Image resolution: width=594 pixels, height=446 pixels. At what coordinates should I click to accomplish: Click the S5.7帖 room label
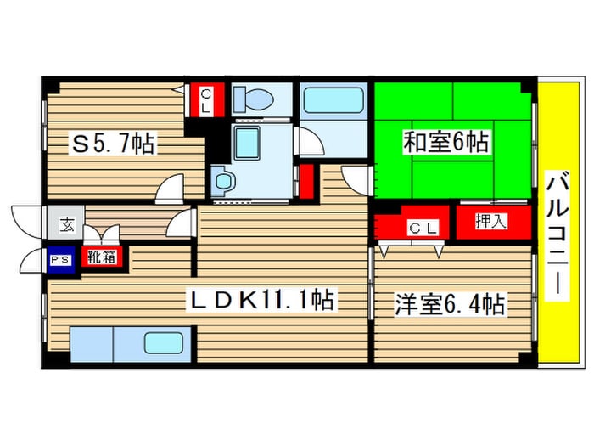click(x=113, y=144)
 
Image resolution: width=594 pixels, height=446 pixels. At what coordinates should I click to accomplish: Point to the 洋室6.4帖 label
click(x=450, y=304)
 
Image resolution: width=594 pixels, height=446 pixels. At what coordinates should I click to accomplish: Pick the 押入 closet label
click(x=490, y=222)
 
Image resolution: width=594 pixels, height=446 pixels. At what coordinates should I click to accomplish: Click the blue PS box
click(x=59, y=259)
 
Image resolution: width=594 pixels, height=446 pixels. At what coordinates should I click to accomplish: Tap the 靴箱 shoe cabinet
click(x=101, y=257)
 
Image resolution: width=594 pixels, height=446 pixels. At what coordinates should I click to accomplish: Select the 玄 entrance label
click(x=66, y=225)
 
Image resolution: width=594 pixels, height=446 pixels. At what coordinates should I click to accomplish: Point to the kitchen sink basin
click(x=163, y=343)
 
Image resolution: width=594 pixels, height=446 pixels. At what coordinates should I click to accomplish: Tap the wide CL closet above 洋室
click(x=413, y=227)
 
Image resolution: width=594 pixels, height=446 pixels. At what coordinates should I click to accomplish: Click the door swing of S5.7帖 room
click(x=170, y=187)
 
